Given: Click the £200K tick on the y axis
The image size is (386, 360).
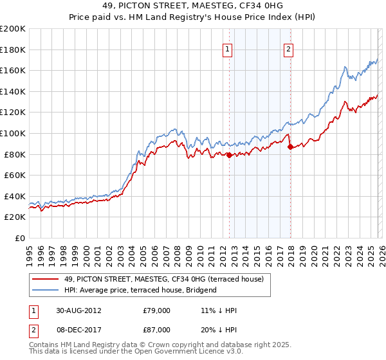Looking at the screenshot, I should (x=13, y=29).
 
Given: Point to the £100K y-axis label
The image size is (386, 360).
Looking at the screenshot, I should (x=13, y=133).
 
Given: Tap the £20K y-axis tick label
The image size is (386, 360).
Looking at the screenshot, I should (x=15, y=217).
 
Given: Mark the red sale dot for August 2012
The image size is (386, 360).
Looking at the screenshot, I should (x=230, y=155).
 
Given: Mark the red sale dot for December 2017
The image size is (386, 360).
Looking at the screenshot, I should (x=289, y=147).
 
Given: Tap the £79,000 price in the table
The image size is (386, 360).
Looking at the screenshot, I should (x=156, y=310).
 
